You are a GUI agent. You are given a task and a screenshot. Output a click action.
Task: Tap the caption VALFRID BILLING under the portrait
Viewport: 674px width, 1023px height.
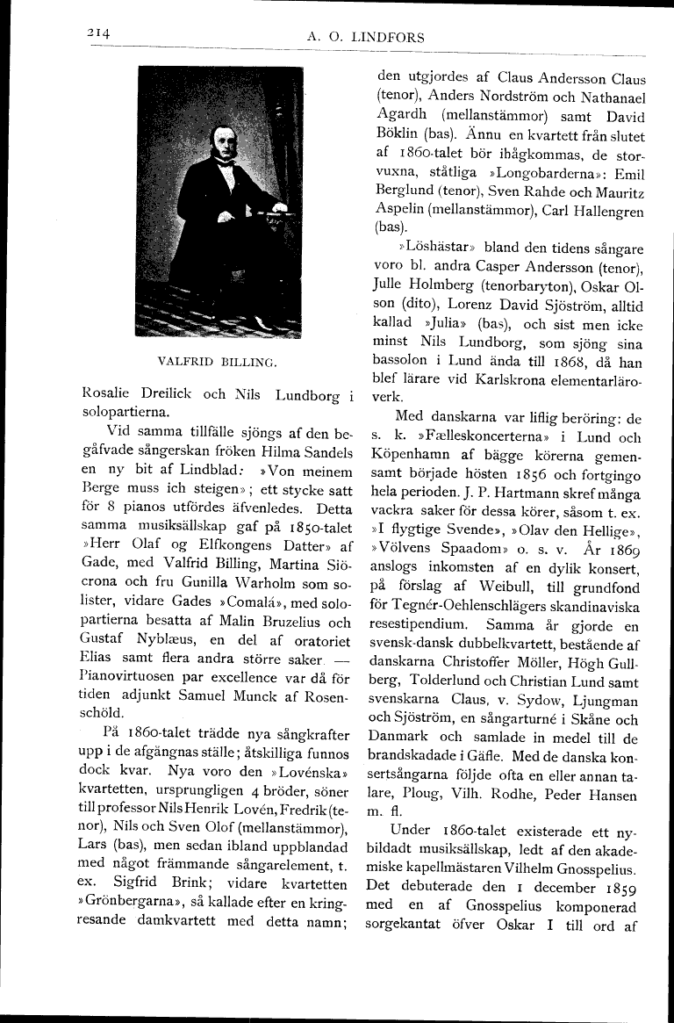click(218, 361)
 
